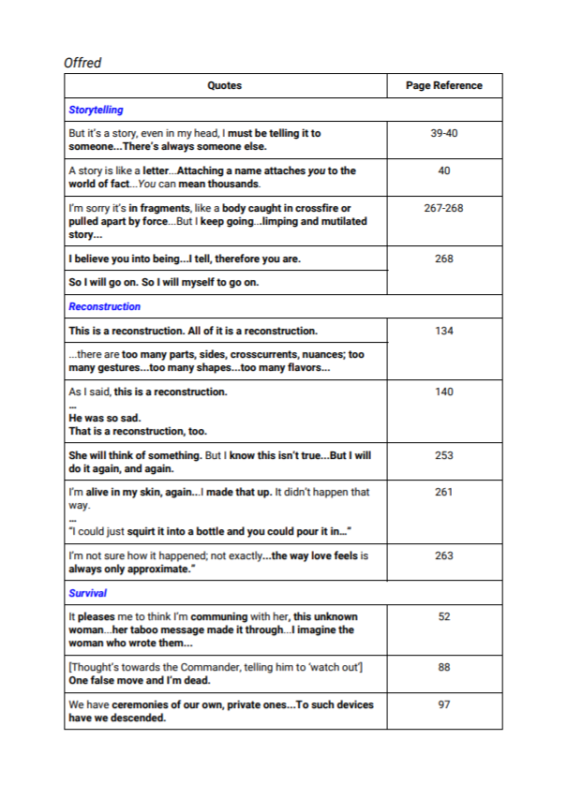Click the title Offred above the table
pos(82,63)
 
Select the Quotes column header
pos(225,85)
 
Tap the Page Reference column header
pos(444,85)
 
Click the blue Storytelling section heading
pos(96,111)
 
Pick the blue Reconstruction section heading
pos(104,306)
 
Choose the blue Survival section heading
pos(87,593)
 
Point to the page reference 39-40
pos(444,134)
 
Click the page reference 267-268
pos(444,209)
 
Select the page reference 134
pos(444,331)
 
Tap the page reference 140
pos(444,392)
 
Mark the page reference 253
pos(444,455)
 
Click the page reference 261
pos(444,492)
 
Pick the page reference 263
pos(444,555)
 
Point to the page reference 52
pos(444,617)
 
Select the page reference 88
pos(444,666)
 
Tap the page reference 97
pos(444,704)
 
